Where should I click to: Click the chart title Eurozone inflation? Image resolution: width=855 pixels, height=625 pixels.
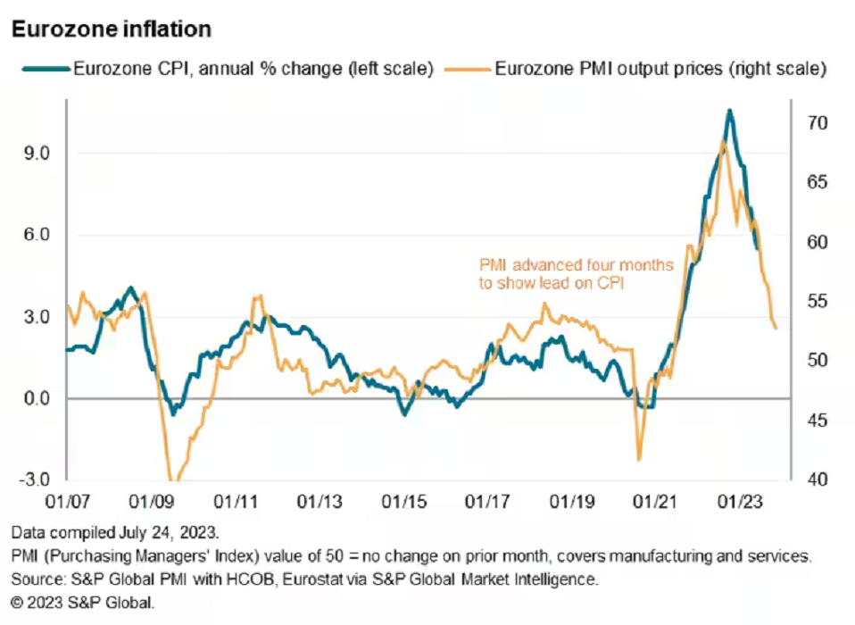111,29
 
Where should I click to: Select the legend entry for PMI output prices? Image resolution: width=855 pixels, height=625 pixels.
660,69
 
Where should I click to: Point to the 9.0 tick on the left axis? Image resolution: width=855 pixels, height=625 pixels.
38,154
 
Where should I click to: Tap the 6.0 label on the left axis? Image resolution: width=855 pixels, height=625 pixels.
38,235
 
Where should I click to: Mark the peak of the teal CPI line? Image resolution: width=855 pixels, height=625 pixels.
729,110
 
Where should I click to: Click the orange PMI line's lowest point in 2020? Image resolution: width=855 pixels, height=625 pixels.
639,461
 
